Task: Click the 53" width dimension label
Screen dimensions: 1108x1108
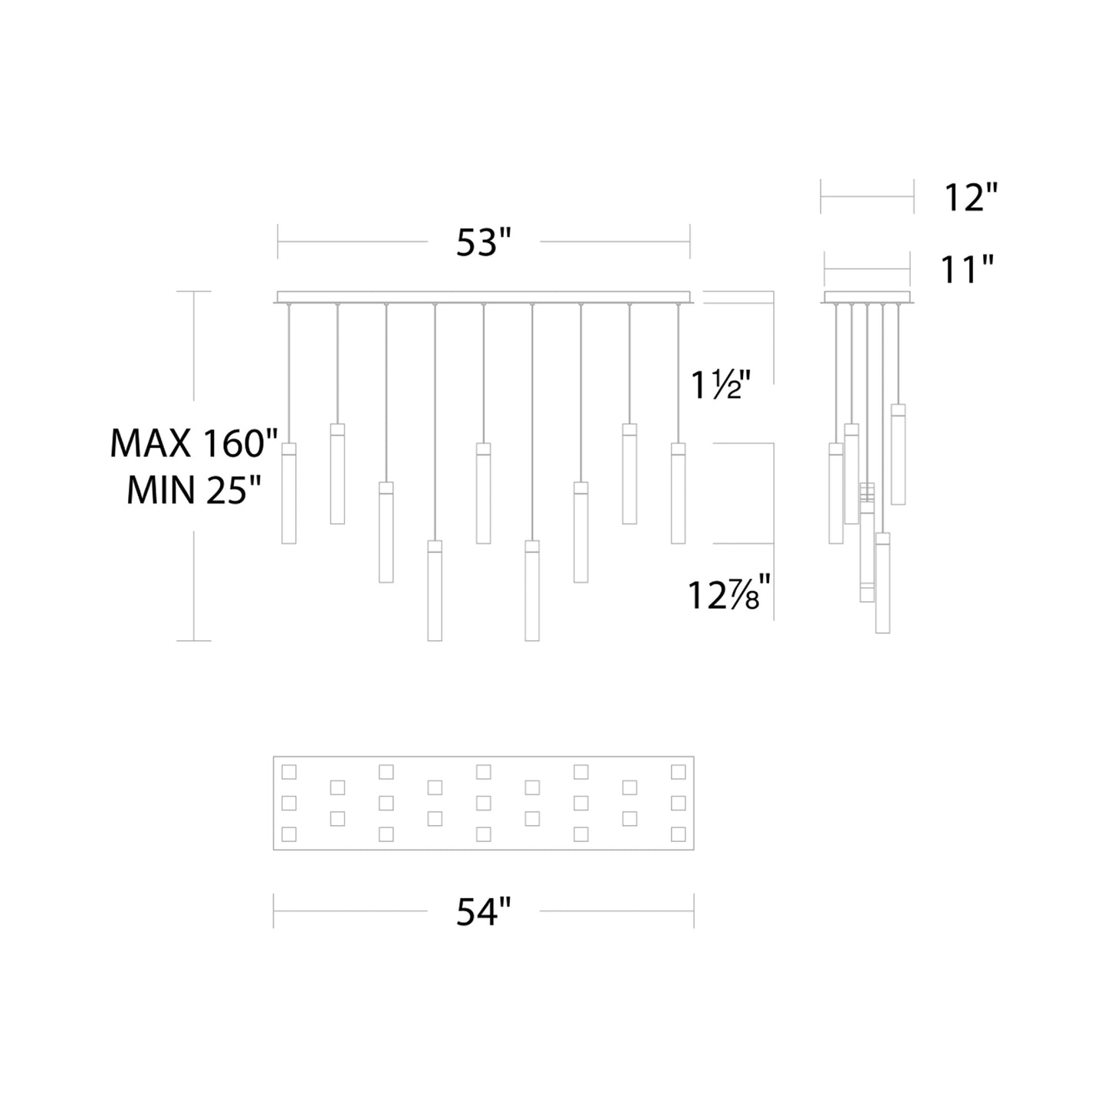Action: [x=483, y=242]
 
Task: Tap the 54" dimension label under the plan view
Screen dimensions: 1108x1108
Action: [x=483, y=912]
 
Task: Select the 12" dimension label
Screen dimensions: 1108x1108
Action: [x=970, y=198]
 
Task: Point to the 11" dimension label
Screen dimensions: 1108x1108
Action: [x=965, y=270]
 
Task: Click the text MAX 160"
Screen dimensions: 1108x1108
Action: [x=194, y=444]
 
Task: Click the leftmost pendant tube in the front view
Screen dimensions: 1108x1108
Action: [x=289, y=493]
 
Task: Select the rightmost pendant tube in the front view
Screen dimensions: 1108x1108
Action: [x=678, y=493]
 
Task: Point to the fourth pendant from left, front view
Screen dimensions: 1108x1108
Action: [x=435, y=590]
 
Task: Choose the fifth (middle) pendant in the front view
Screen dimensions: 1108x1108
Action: [x=483, y=493]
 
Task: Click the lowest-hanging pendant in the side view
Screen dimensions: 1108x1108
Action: [x=883, y=583]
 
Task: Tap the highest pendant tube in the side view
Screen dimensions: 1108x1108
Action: [x=898, y=454]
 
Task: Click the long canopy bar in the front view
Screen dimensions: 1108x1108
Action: [x=483, y=297]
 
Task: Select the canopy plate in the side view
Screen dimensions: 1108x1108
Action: [x=867, y=297]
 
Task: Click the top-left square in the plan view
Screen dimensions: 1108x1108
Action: [x=289, y=771]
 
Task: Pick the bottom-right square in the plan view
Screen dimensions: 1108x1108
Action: [x=678, y=834]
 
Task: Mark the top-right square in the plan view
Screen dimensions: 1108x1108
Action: [x=678, y=771]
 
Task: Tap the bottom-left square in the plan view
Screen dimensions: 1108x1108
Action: [x=289, y=834]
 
